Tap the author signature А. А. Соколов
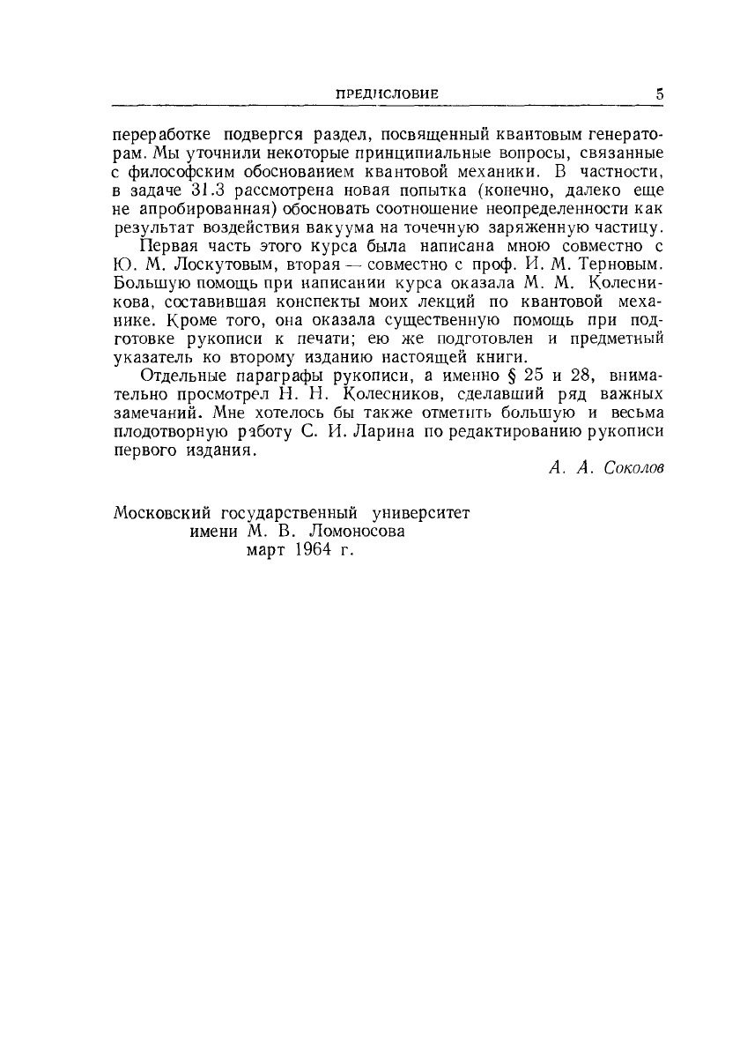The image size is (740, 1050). point(605,468)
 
